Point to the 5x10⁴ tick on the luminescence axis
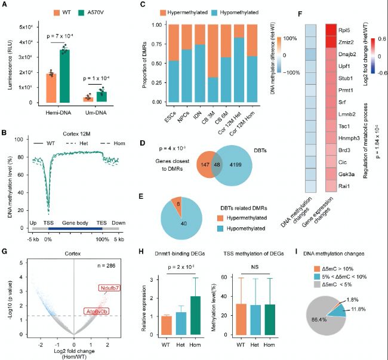(24, 27)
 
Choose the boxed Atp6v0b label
(113, 312)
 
